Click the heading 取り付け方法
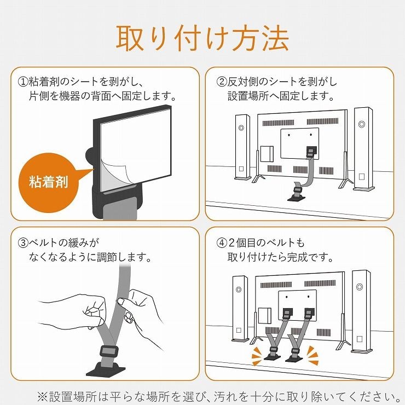pos(202,38)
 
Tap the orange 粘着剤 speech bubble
pos(49,182)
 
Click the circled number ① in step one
pos(23,82)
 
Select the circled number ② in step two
pos(221,82)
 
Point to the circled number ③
pos(23,243)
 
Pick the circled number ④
pos(221,243)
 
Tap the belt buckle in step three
pos(109,351)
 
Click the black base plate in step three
pos(106,369)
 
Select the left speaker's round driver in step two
pos(241,128)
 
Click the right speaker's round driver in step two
pos(362,124)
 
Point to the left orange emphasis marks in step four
pos(258,356)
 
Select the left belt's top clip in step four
pos(287,314)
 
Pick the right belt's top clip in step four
pos(309,314)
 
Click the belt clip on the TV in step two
pos(310,153)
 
